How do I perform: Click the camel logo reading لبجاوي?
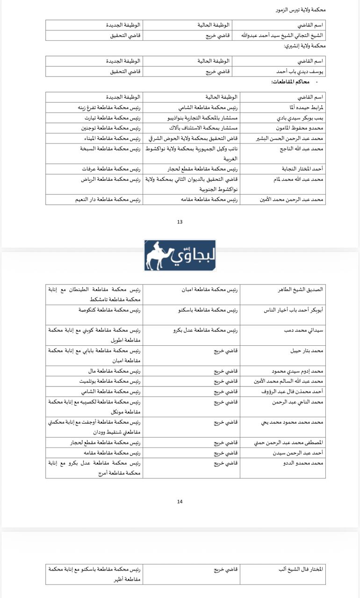[180, 256]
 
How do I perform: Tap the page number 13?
[180, 222]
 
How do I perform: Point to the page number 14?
[180, 502]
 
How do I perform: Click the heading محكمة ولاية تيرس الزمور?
[301, 9]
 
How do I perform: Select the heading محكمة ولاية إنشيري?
[304, 46]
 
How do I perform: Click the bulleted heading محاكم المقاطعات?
[290, 82]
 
